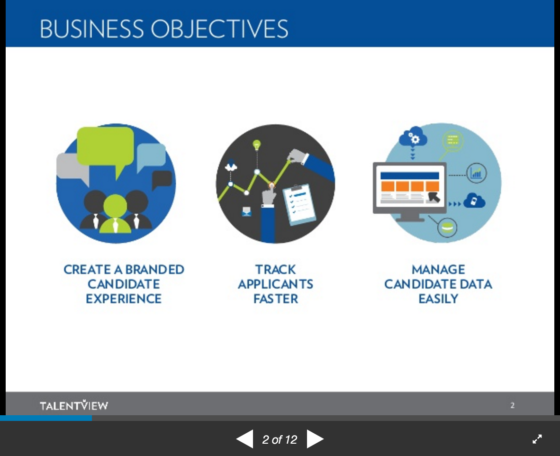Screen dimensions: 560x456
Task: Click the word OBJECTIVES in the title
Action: pos(219,29)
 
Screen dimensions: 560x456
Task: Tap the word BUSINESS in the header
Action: pos(92,28)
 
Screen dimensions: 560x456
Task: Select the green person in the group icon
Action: pos(115,214)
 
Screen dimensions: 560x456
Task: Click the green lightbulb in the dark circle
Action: pos(257,145)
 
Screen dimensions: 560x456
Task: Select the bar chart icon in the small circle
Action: pos(477,173)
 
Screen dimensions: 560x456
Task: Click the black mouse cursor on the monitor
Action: pos(434,197)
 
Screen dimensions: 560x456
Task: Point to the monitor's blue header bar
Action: pos(410,175)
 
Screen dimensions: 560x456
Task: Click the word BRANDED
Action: pos(154,269)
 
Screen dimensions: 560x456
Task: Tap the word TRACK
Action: pos(275,269)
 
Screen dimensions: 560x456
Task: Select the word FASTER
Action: pos(275,299)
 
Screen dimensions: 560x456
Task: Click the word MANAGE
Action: pos(438,269)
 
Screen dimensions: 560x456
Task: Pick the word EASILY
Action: pos(438,299)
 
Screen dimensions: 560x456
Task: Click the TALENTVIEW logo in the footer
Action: pos(74,405)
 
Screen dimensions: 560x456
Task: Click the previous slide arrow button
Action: pos(245,439)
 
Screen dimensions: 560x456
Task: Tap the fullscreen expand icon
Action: pos(537,439)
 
